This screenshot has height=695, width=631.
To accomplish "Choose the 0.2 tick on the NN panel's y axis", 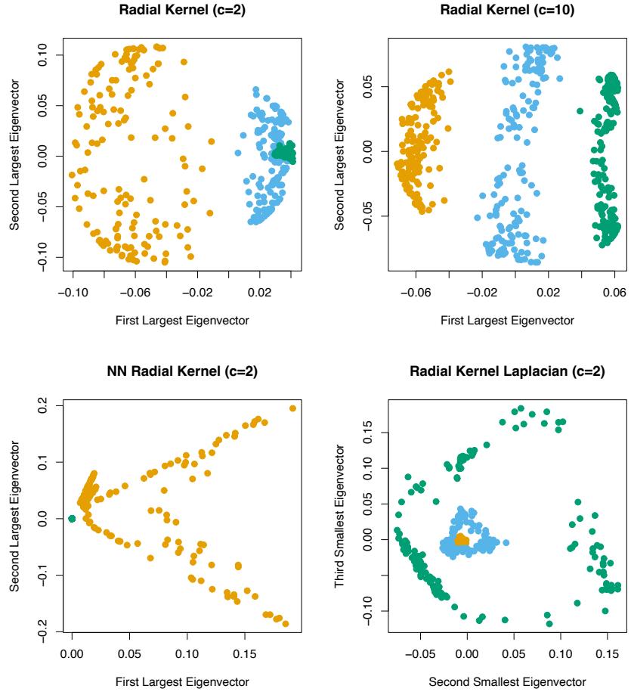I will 46,406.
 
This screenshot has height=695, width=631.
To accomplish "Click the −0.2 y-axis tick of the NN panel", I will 46,631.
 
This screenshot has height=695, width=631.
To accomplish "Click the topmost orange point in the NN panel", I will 292,408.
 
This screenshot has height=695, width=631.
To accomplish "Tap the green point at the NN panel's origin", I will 72,519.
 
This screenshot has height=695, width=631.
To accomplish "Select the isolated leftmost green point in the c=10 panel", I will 580,111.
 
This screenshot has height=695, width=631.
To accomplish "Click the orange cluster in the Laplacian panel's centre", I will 459,541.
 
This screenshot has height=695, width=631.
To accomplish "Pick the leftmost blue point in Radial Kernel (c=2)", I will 238,153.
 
